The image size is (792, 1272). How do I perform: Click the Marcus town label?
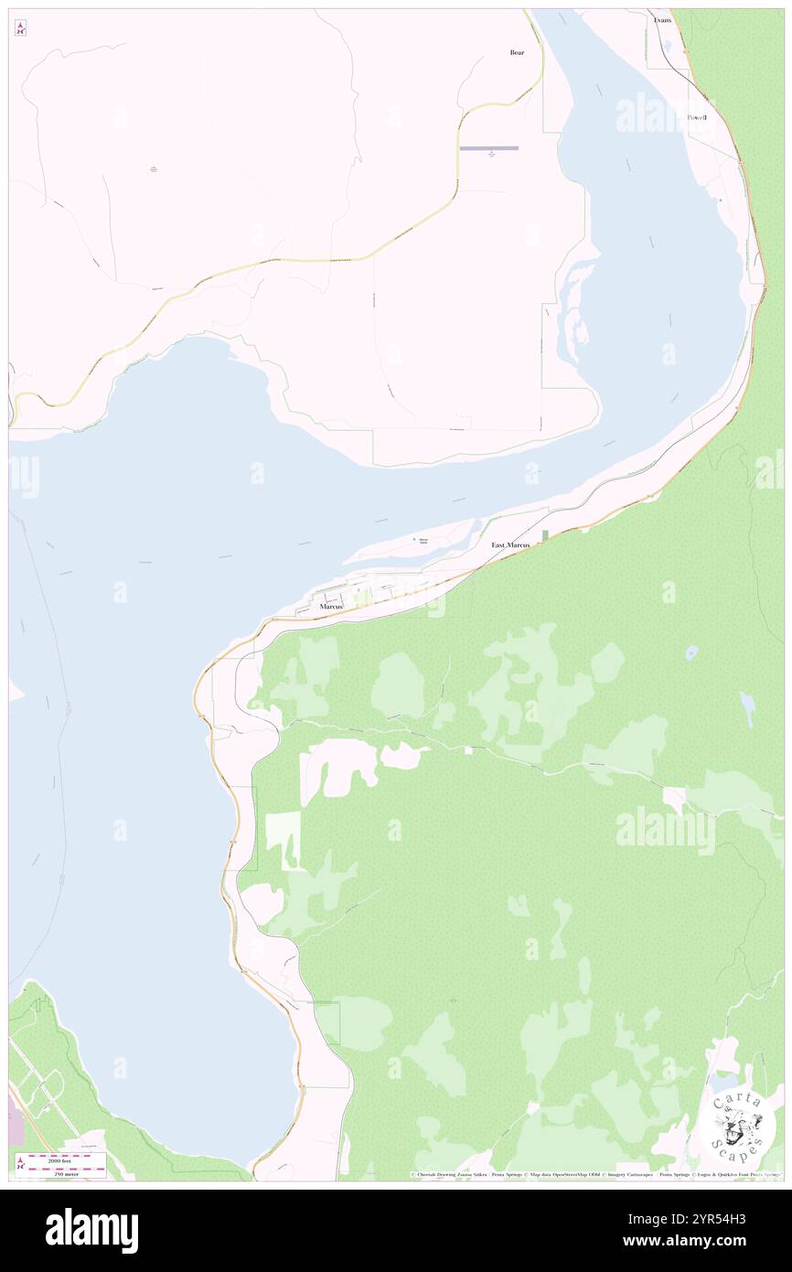331,607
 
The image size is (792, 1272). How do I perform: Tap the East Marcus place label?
510,545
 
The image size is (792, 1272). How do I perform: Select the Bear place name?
517,53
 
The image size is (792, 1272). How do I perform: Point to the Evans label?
662,19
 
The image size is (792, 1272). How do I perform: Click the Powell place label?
697,118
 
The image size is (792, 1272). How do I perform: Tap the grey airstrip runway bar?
488,148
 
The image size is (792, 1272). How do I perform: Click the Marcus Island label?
423,541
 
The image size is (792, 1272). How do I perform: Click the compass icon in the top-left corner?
20,28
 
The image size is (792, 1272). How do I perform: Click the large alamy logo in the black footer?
91,1231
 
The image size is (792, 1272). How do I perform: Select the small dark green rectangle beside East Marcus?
545,535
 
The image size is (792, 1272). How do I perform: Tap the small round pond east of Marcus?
692,652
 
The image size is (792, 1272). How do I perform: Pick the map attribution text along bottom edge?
594,1174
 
